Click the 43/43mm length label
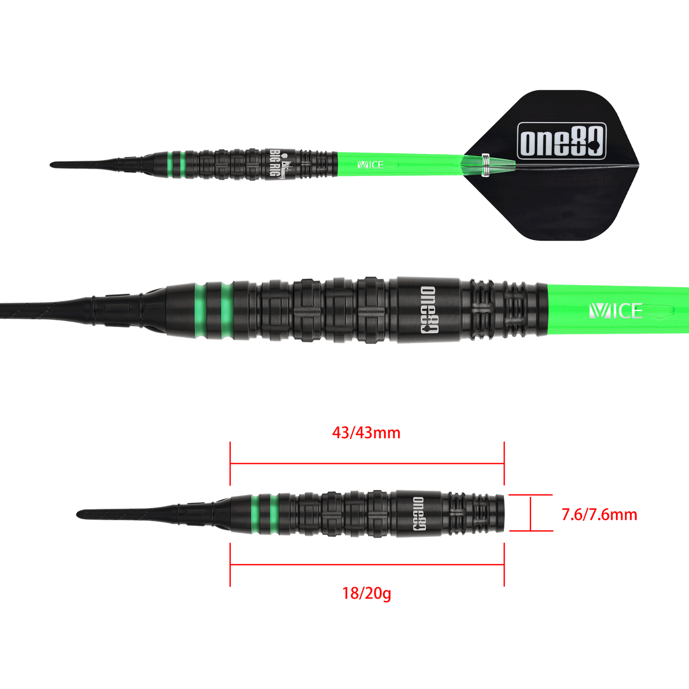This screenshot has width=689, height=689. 366,433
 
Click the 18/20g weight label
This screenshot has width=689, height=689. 367,594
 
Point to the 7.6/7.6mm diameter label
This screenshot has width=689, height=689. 599,514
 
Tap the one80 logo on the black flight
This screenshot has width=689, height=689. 561,141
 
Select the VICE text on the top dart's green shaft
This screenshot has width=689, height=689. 370,165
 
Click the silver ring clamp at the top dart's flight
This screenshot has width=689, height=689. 486,165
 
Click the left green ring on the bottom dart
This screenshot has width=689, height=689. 256,514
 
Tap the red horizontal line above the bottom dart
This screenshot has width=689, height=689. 367,463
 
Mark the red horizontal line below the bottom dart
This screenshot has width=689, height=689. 367,565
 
